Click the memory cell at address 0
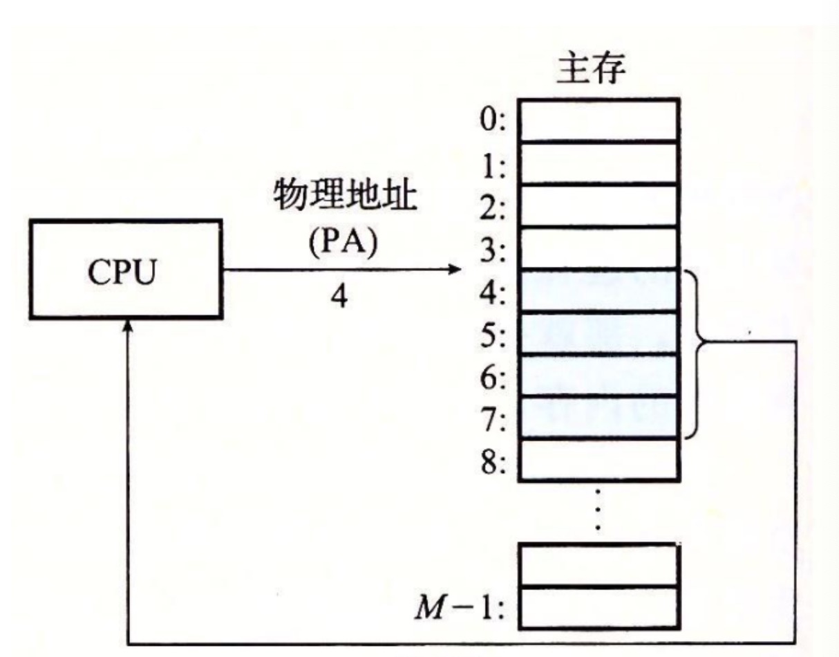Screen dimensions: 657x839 (x=598, y=120)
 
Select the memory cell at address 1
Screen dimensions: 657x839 (x=598, y=163)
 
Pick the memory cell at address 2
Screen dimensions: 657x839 (x=598, y=205)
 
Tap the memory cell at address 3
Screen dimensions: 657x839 (x=598, y=248)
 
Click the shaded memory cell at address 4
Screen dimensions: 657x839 (x=598, y=290)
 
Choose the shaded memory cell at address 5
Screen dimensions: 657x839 (x=598, y=333)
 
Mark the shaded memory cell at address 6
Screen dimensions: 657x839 (x=598, y=376)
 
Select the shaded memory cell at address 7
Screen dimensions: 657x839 (x=598, y=417)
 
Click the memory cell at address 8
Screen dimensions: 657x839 (x=598, y=459)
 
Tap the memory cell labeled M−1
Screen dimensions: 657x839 (x=598, y=607)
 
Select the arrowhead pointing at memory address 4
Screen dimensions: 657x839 (x=453, y=270)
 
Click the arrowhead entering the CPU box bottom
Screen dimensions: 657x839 (x=129, y=324)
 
